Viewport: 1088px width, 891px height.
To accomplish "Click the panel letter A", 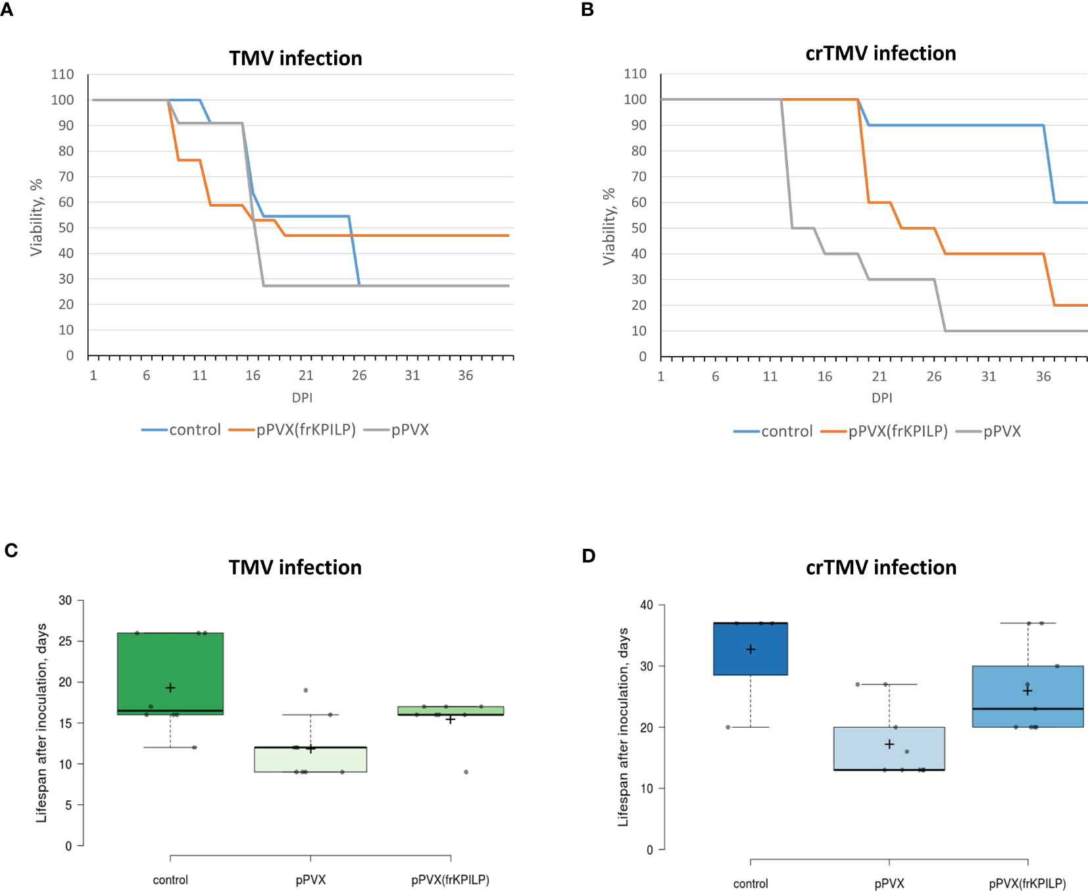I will (7, 11).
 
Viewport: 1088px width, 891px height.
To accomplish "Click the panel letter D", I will (589, 556).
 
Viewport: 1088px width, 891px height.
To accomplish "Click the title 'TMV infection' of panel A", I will (295, 59).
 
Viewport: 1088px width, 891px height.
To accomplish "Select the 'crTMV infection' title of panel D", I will (881, 567).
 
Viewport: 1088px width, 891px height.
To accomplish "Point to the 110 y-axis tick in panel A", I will (62, 74).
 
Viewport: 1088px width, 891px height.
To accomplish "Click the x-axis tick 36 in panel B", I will (1043, 376).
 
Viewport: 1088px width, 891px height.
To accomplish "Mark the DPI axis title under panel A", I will (302, 397).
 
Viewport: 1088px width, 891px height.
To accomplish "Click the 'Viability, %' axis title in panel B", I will (609, 226).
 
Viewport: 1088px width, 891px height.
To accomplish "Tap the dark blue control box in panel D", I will (751, 648).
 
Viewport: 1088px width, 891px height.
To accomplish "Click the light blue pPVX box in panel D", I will (889, 749).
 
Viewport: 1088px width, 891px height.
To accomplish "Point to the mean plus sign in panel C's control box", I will (170, 688).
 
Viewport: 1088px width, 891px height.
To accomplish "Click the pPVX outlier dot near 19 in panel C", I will (306, 690).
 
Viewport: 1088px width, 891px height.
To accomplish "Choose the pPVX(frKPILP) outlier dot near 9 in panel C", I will (466, 772).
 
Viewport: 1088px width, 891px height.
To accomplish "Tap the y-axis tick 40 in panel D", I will (647, 605).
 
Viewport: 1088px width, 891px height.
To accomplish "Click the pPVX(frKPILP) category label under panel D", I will (1027, 884).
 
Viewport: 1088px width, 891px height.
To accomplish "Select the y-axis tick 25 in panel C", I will (65, 641).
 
